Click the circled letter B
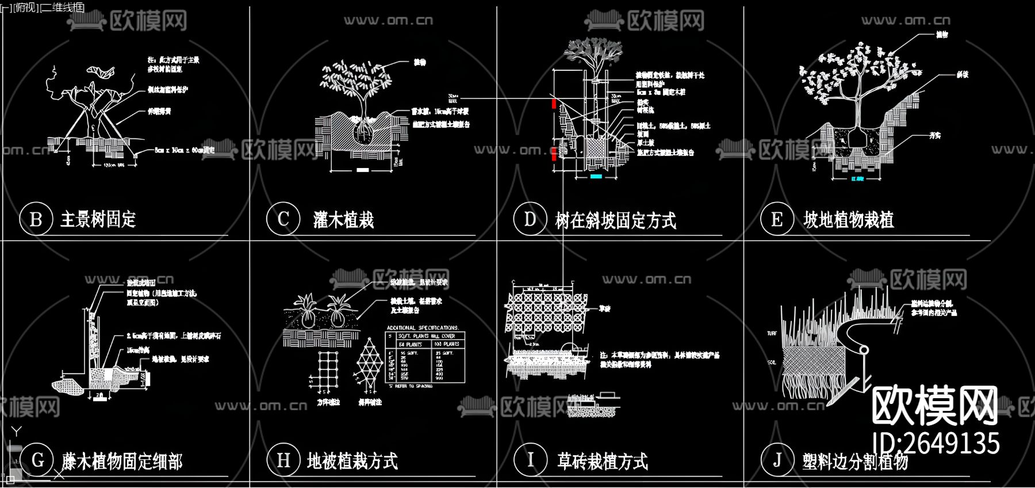[x=36, y=219]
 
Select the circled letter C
[x=283, y=219]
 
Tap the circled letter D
[x=530, y=219]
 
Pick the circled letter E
[x=777, y=219]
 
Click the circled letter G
[x=37, y=460]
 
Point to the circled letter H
[x=283, y=460]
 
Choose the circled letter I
[x=530, y=460]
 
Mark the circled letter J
[x=777, y=460]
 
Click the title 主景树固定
[x=98, y=219]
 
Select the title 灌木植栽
[x=343, y=220]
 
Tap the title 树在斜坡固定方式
[x=615, y=220]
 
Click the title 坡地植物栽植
[x=848, y=220]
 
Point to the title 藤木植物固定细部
[x=122, y=461]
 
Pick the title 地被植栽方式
[x=352, y=461]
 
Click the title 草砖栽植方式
[x=602, y=461]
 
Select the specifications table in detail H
[x=425, y=357]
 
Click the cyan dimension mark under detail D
[x=596, y=177]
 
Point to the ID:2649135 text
[x=936, y=443]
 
